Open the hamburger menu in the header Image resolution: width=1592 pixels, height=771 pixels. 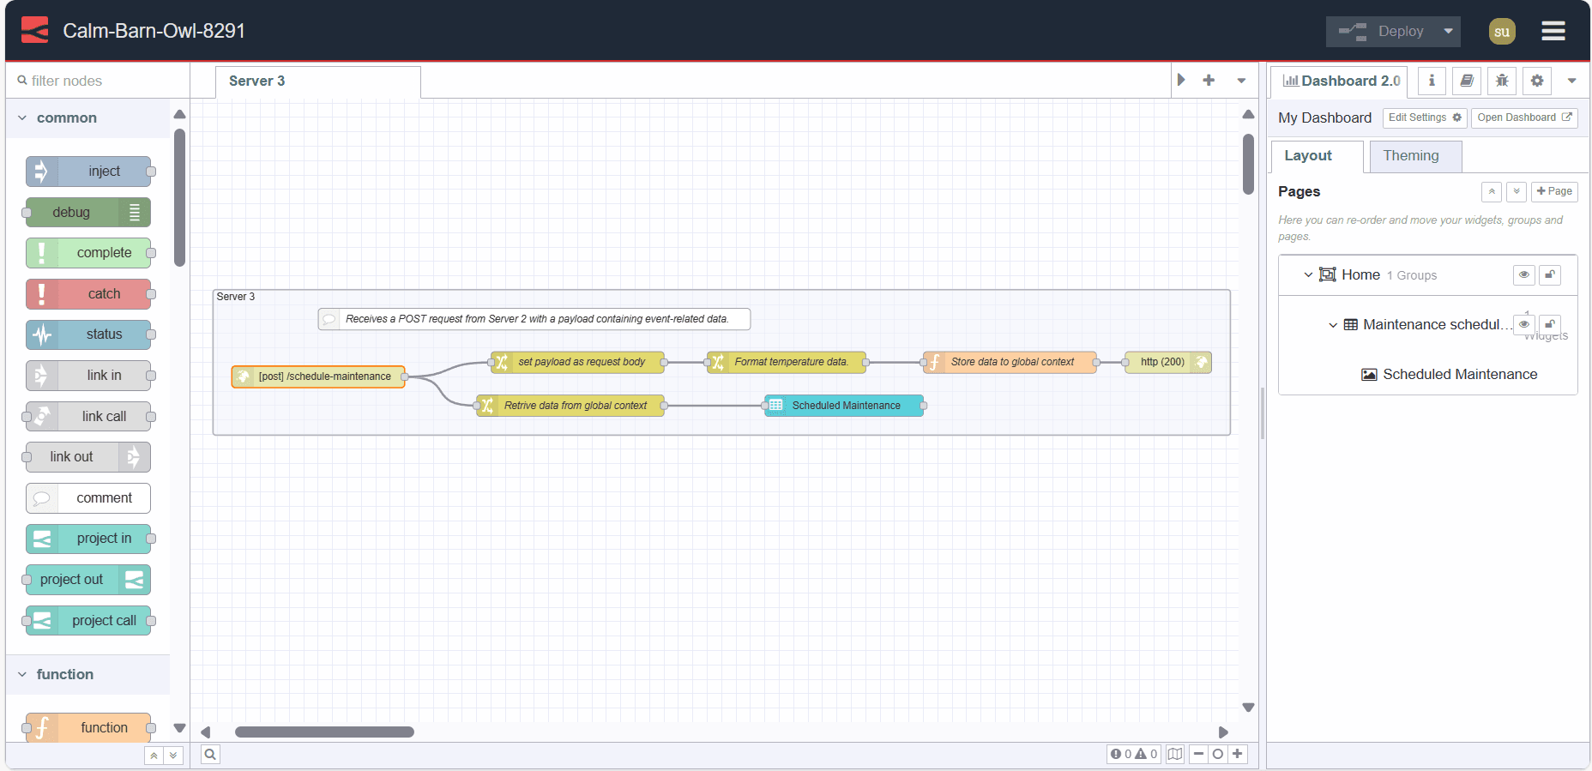coord(1553,32)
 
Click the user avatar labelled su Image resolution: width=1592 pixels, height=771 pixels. coord(1501,32)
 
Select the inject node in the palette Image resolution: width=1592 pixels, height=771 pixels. coord(89,172)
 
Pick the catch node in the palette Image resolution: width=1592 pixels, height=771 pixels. coord(89,294)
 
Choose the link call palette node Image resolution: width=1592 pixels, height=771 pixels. coord(89,417)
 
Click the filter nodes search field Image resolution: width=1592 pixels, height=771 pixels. coord(99,81)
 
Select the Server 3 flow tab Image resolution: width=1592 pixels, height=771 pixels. coord(257,81)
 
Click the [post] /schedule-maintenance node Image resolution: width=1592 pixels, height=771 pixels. coord(319,376)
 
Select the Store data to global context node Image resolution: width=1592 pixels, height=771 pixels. coord(1010,363)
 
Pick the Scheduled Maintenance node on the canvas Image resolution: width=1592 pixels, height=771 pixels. coord(845,406)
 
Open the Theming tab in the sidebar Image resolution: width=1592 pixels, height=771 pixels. coord(1410,156)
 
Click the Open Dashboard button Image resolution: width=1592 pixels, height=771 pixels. coord(1523,118)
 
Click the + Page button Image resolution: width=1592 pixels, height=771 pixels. coord(1553,191)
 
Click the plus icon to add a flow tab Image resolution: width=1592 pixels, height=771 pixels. coord(1209,81)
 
